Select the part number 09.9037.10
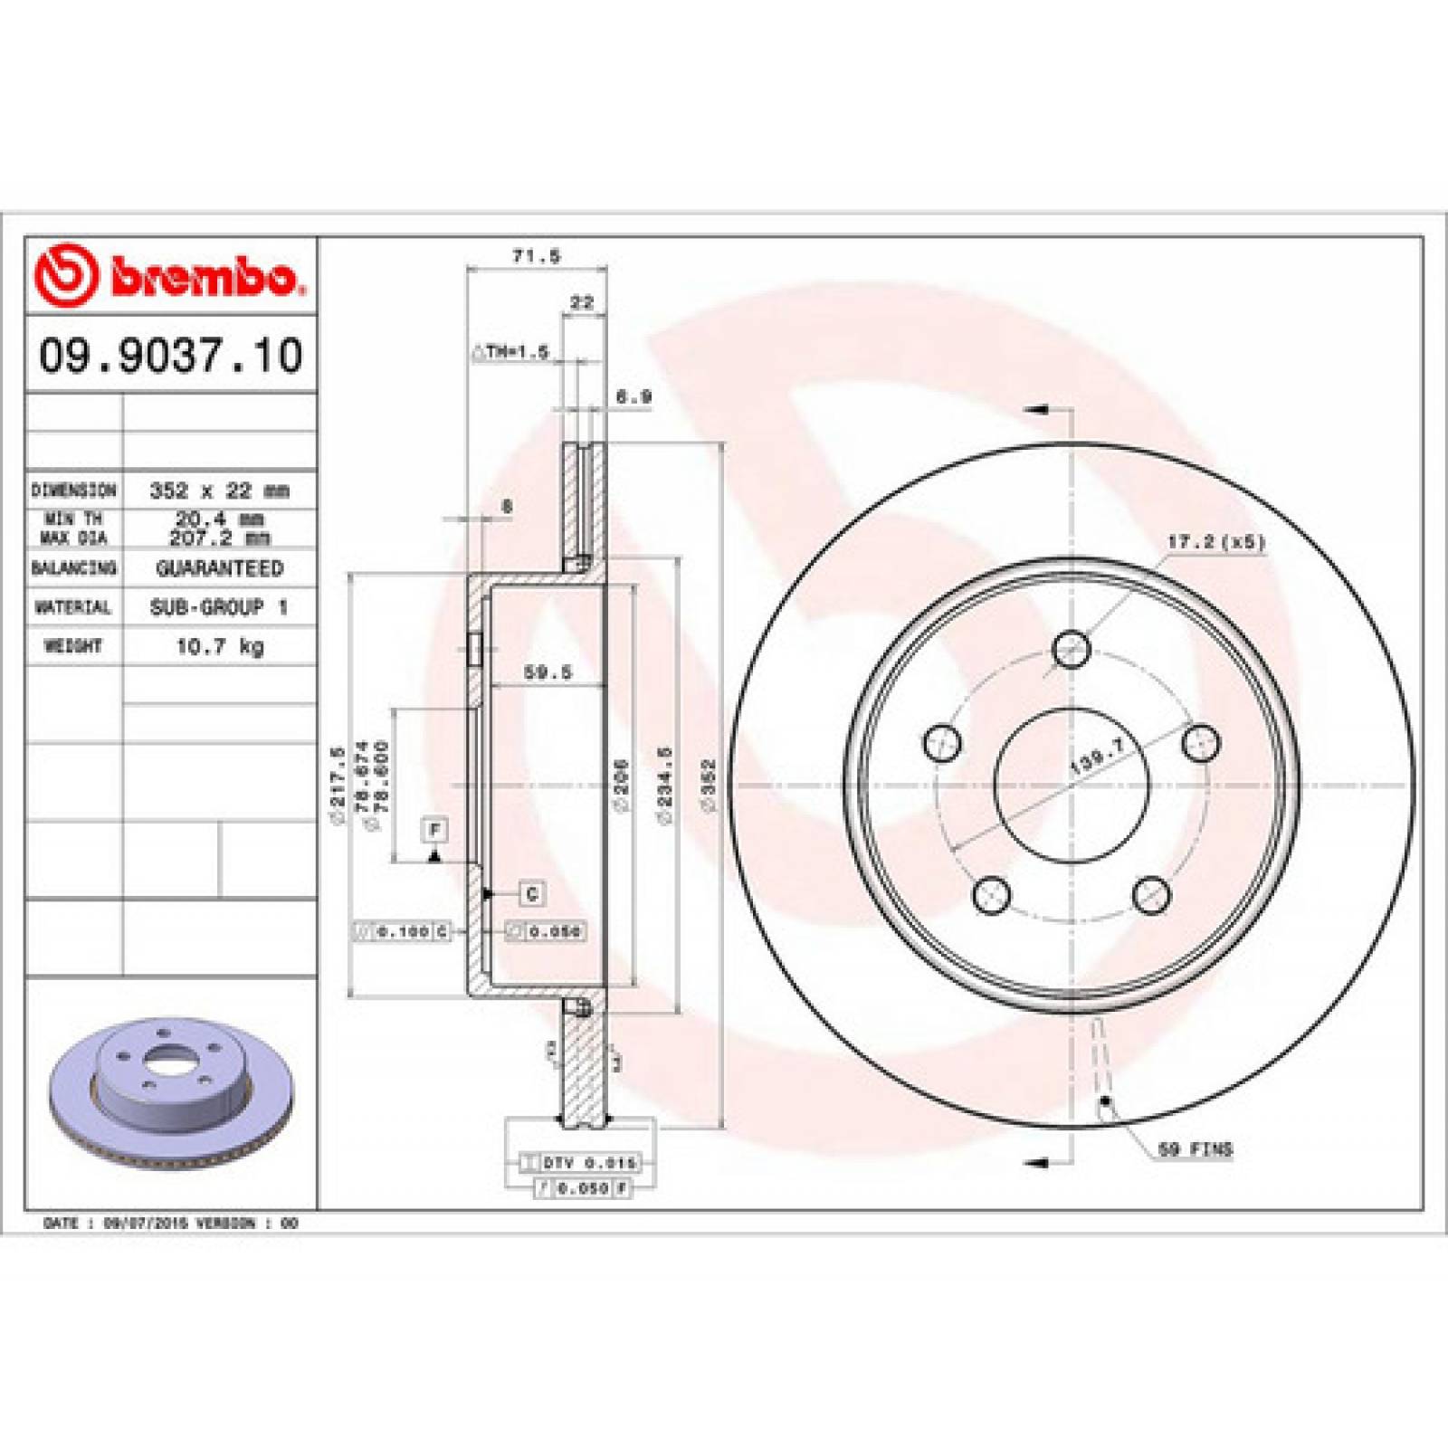tap(170, 355)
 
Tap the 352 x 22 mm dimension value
tap(219, 491)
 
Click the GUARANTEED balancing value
tap(219, 568)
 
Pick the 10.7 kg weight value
tap(219, 646)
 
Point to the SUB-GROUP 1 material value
tap(219, 607)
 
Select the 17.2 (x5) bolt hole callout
tap(1215, 542)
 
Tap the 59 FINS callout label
tap(1196, 1149)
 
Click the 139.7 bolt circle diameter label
tap(1096, 754)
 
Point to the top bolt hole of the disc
tap(1072, 648)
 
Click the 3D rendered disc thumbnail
tap(169, 1086)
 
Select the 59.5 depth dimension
tap(548, 672)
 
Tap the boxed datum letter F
tap(434, 829)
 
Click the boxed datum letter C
tap(532, 894)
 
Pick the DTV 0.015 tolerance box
tap(580, 1162)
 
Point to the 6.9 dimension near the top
tap(633, 396)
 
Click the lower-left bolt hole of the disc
tap(992, 894)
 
